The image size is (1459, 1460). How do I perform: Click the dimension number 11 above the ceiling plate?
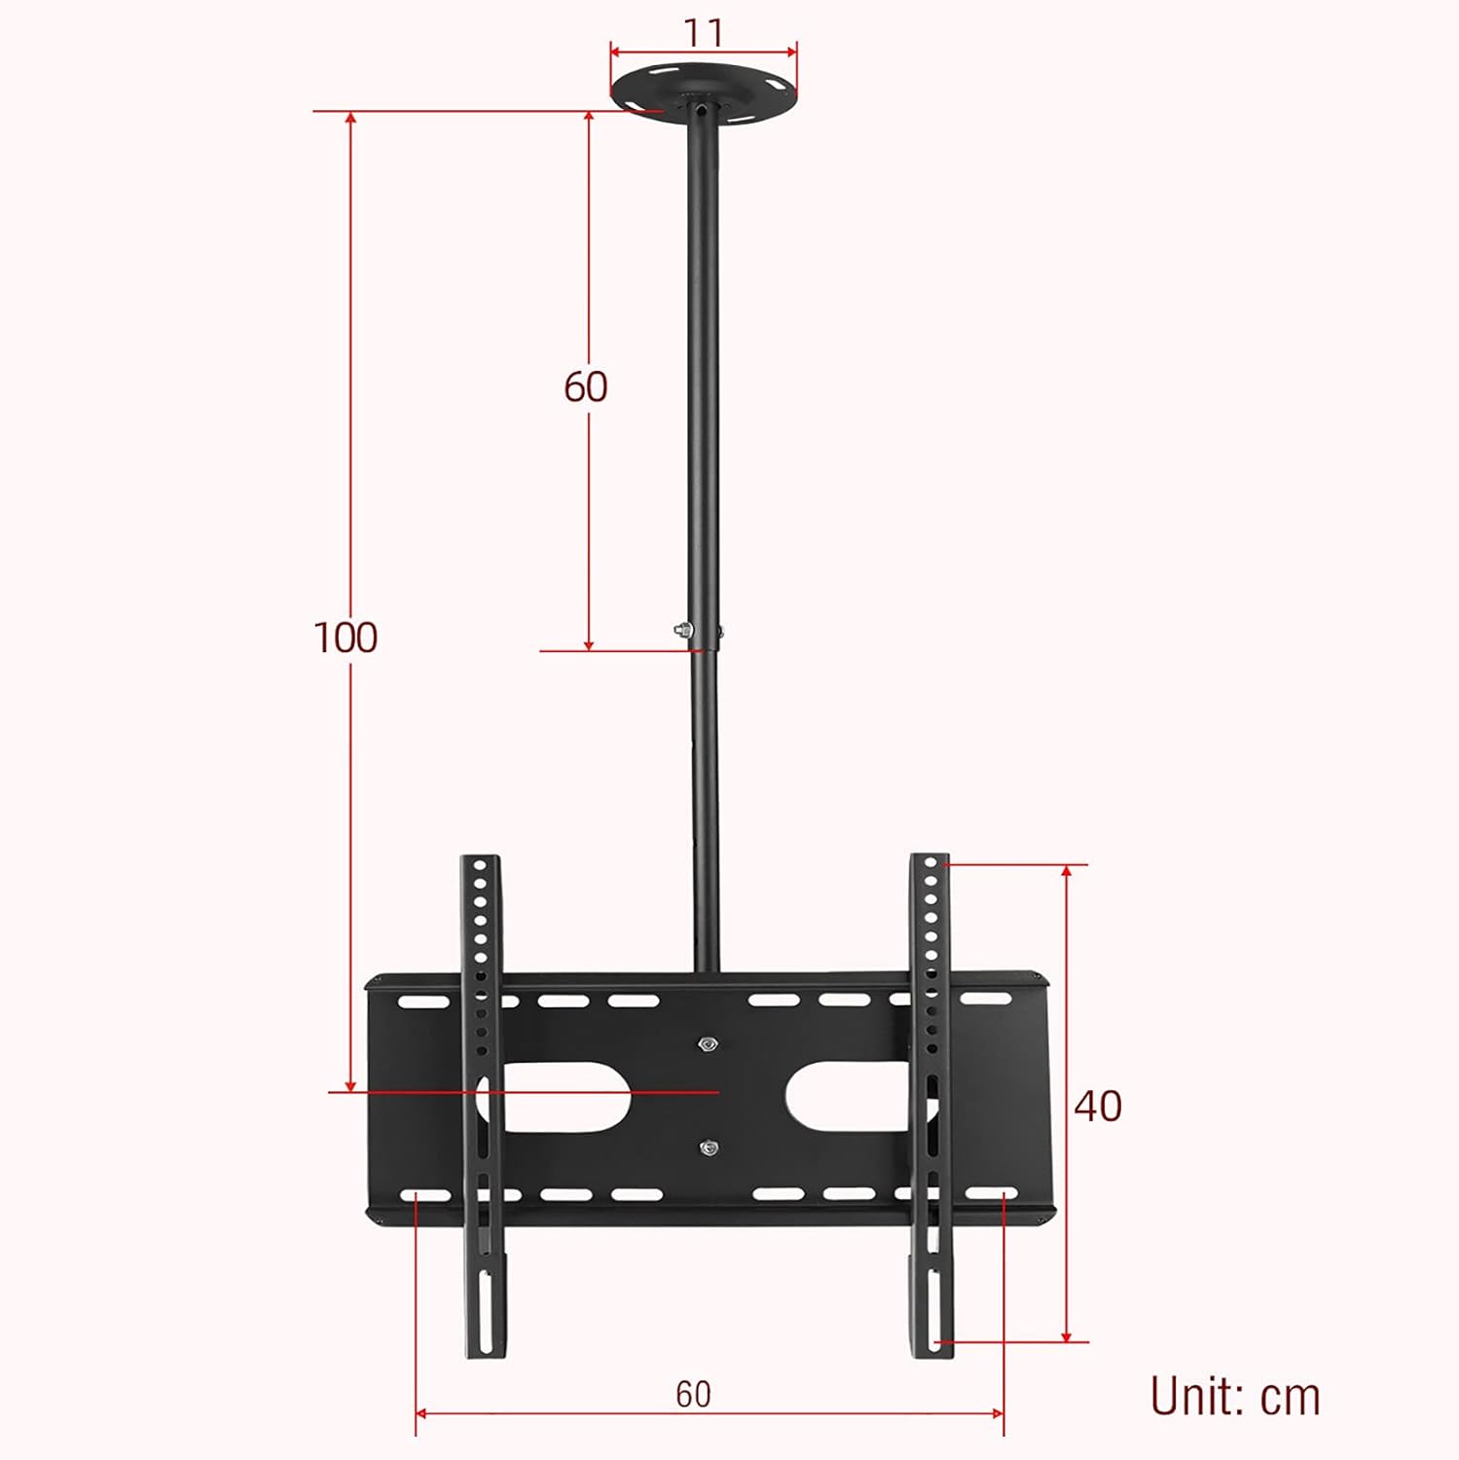tap(703, 33)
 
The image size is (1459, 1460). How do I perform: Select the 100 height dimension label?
tap(346, 638)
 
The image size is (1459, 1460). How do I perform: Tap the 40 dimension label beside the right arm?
tap(1098, 1106)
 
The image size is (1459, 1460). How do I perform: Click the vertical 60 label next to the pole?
tap(586, 386)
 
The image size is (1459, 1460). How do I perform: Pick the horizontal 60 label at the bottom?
tap(693, 1394)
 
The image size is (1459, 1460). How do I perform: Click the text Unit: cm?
tap(1234, 1397)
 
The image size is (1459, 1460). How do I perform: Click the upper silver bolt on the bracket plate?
tap(708, 1044)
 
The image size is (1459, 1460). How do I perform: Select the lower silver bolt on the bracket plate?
tap(709, 1148)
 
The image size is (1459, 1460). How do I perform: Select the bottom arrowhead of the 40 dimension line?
tap(1067, 1336)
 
